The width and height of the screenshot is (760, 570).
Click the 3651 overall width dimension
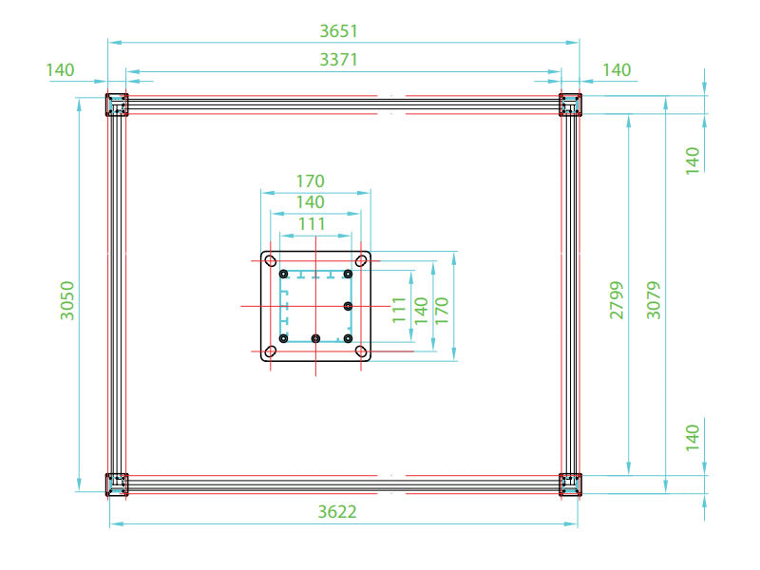coord(338,30)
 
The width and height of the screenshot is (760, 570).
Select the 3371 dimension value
coord(338,60)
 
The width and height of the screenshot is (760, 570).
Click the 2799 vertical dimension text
coord(617,299)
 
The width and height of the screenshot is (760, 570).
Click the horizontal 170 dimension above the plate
coord(311,180)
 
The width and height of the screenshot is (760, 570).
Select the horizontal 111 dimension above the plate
coord(311,223)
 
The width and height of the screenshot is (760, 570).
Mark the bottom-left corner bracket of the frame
coord(116,484)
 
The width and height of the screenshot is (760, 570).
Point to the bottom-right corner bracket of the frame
coord(570,484)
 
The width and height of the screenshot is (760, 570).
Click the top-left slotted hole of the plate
coord(271,260)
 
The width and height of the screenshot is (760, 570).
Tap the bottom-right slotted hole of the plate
coord(361,351)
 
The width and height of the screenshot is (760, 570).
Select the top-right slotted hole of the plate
coord(361,260)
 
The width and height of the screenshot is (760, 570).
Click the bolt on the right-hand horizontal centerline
coord(349,306)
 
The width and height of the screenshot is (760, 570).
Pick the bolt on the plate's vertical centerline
coord(315,338)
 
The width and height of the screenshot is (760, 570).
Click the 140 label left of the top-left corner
coord(59,70)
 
